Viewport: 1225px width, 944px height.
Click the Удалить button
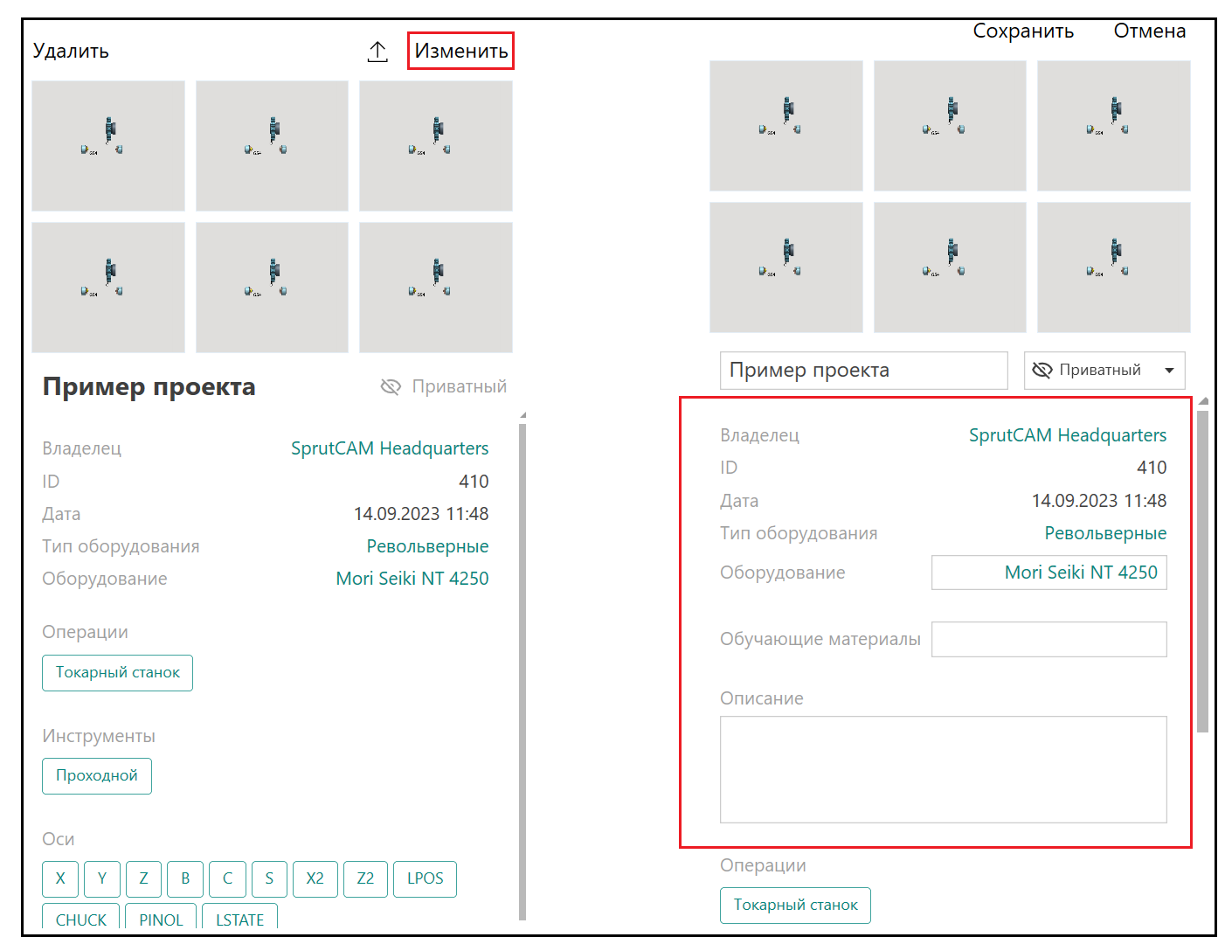[71, 51]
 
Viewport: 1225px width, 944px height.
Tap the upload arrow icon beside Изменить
[377, 52]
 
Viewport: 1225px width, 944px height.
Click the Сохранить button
[1022, 31]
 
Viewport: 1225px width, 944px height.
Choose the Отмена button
[1149, 31]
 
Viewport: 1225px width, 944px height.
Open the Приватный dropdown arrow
[1169, 371]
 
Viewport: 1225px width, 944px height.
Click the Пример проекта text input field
[863, 371]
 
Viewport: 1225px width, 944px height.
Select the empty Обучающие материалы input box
[1049, 639]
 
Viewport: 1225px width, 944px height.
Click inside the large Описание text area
[943, 769]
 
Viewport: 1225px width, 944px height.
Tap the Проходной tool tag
[96, 776]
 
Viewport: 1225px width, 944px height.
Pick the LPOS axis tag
[425, 878]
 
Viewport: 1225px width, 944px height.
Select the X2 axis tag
[315, 878]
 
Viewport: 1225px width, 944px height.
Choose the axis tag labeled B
[185, 878]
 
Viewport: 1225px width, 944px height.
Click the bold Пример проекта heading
[149, 387]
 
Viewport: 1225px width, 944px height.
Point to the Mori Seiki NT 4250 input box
[1049, 573]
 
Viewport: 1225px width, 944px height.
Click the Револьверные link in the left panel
[427, 546]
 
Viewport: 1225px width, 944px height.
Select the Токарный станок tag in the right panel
[795, 905]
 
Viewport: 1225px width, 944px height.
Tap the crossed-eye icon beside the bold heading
[391, 387]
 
